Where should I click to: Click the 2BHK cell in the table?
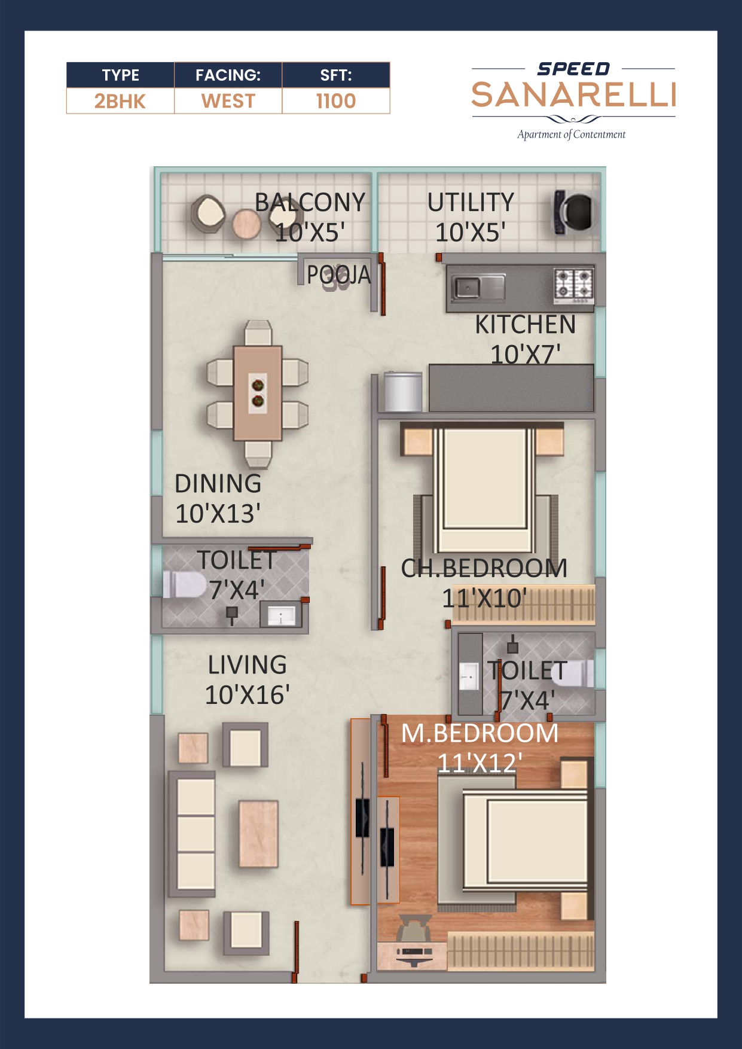point(120,101)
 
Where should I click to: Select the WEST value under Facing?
point(228,101)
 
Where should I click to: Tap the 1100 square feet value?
point(335,101)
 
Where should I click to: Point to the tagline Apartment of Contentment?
point(571,135)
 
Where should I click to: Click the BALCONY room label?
point(310,203)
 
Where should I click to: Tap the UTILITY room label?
point(471,203)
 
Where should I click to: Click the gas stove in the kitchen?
point(574,283)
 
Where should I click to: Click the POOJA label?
point(338,275)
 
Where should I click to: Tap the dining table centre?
point(258,393)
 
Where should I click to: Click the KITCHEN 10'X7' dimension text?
point(525,355)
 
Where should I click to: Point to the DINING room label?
point(218,484)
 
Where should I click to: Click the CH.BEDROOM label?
point(484,568)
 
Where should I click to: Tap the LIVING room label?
point(247,665)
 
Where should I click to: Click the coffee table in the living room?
point(258,834)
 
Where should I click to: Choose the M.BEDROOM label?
point(480,733)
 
